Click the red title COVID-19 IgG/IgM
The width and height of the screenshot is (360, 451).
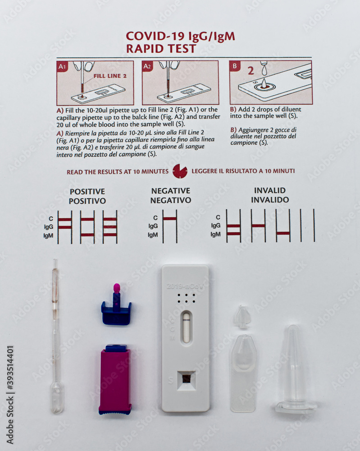click(x=180, y=36)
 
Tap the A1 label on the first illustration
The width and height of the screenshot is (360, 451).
click(x=62, y=67)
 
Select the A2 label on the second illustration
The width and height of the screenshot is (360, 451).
click(x=148, y=67)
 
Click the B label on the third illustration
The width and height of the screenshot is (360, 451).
click(x=235, y=66)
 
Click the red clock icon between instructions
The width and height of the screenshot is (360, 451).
click(x=180, y=171)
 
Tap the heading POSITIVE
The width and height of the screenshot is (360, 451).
click(x=87, y=192)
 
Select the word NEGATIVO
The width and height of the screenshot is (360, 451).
click(x=171, y=200)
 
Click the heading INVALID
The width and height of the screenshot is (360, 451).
click(x=270, y=190)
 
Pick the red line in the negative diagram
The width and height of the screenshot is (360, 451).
click(x=169, y=219)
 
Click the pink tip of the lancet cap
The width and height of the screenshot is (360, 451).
click(x=117, y=288)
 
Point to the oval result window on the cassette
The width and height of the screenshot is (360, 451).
click(x=186, y=327)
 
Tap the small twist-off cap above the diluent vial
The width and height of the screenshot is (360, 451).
click(x=242, y=317)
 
